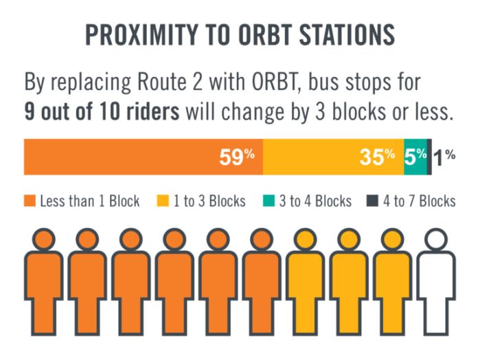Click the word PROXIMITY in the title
coord(141,34)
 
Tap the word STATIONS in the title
coord(347,34)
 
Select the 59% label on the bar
coord(237,157)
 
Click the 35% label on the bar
coord(377,157)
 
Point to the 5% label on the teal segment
coord(415,157)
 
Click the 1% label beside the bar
coord(444,157)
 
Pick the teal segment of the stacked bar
coord(415,157)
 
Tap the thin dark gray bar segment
coord(429,157)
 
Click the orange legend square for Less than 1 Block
coord(30,201)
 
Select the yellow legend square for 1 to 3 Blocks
coord(163,201)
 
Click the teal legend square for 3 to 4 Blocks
coord(268,201)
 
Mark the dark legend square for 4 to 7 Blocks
coord(373,201)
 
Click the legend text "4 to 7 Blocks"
coord(420,201)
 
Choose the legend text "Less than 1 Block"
coord(90,201)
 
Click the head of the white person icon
coord(436,240)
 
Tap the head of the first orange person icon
coord(44,240)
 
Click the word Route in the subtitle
coord(162,82)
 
